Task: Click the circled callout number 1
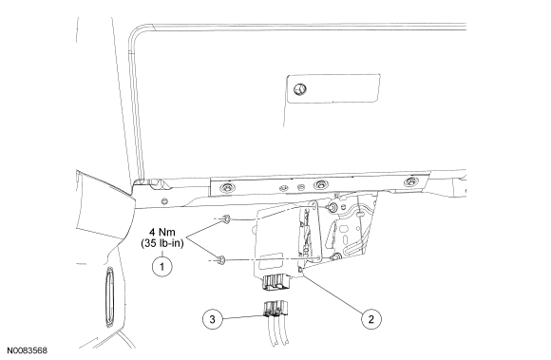162,267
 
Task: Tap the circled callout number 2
370,319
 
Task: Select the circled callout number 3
212,319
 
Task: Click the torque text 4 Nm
162,232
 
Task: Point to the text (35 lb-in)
162,243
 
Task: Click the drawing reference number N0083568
28,351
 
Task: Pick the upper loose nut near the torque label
227,219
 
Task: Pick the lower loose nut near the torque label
221,260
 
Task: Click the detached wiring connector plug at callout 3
275,309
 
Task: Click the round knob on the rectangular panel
300,89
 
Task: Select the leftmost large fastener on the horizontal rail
227,187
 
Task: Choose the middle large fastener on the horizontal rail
320,184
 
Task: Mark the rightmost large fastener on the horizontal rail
410,182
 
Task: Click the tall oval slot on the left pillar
109,297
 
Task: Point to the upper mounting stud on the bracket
332,208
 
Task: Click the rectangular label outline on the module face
272,260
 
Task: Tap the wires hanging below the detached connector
278,331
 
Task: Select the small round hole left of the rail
163,201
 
